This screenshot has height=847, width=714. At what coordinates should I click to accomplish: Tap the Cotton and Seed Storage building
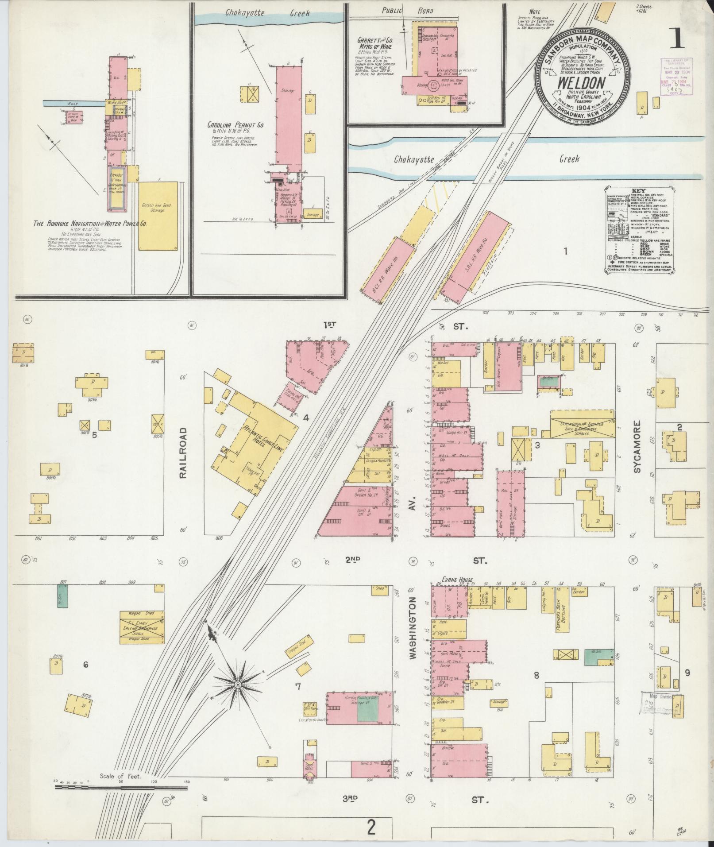pos(158,216)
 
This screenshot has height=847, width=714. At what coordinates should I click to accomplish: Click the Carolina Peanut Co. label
pos(236,126)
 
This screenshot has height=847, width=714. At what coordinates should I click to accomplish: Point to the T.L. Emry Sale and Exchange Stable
pos(142,627)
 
